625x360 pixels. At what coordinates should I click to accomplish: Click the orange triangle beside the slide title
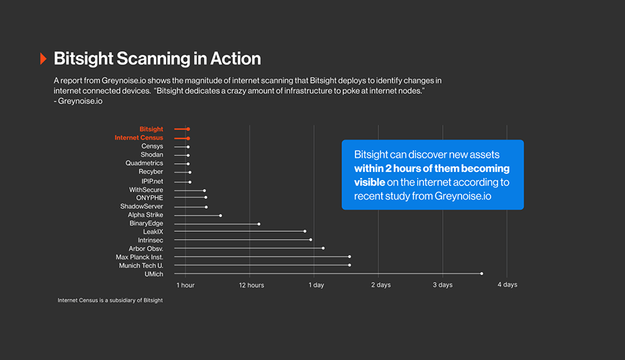(43, 58)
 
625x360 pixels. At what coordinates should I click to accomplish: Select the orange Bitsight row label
(151, 129)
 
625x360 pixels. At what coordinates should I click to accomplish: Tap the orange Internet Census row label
(138, 138)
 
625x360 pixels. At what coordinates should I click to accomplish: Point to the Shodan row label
(152, 155)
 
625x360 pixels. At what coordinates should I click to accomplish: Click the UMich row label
(154, 274)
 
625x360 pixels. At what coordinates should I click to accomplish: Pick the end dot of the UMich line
(482, 273)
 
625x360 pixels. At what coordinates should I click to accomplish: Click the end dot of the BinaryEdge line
(259, 224)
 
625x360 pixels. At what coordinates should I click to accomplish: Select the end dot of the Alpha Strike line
(220, 216)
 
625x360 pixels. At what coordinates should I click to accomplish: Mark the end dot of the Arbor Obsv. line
(323, 249)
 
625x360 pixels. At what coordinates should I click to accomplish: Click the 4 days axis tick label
(507, 285)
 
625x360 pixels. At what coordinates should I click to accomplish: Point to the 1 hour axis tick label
(185, 285)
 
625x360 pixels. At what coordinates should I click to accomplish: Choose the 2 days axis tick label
(380, 285)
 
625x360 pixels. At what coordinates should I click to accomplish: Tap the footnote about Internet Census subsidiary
(110, 300)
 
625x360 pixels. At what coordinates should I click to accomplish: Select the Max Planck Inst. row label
(139, 257)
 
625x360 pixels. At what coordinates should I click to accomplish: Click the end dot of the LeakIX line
(304, 232)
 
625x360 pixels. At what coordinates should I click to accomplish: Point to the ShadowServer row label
(142, 206)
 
